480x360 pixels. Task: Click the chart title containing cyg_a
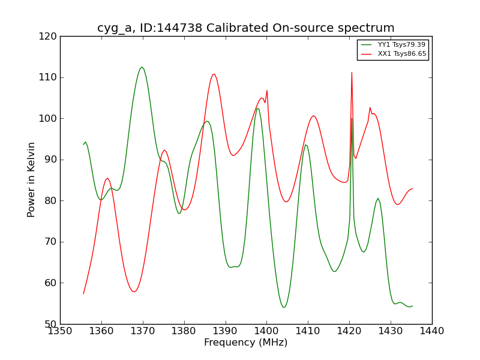click(x=246, y=28)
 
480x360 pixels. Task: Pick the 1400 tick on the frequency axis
click(x=266, y=331)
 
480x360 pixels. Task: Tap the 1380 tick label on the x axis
click(x=184, y=331)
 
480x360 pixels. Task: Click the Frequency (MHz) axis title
click(x=246, y=343)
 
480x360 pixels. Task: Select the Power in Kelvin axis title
click(x=31, y=180)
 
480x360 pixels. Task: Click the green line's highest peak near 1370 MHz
click(x=142, y=67)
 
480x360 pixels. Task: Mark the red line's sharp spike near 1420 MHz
click(x=352, y=73)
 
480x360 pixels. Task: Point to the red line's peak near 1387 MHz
click(x=214, y=74)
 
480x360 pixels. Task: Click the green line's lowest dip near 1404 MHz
click(x=284, y=307)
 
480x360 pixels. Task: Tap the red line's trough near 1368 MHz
click(x=134, y=292)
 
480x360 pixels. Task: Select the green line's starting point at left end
click(x=83, y=145)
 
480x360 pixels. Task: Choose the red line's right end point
click(x=412, y=188)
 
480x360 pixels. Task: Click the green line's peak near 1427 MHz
click(x=378, y=198)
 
